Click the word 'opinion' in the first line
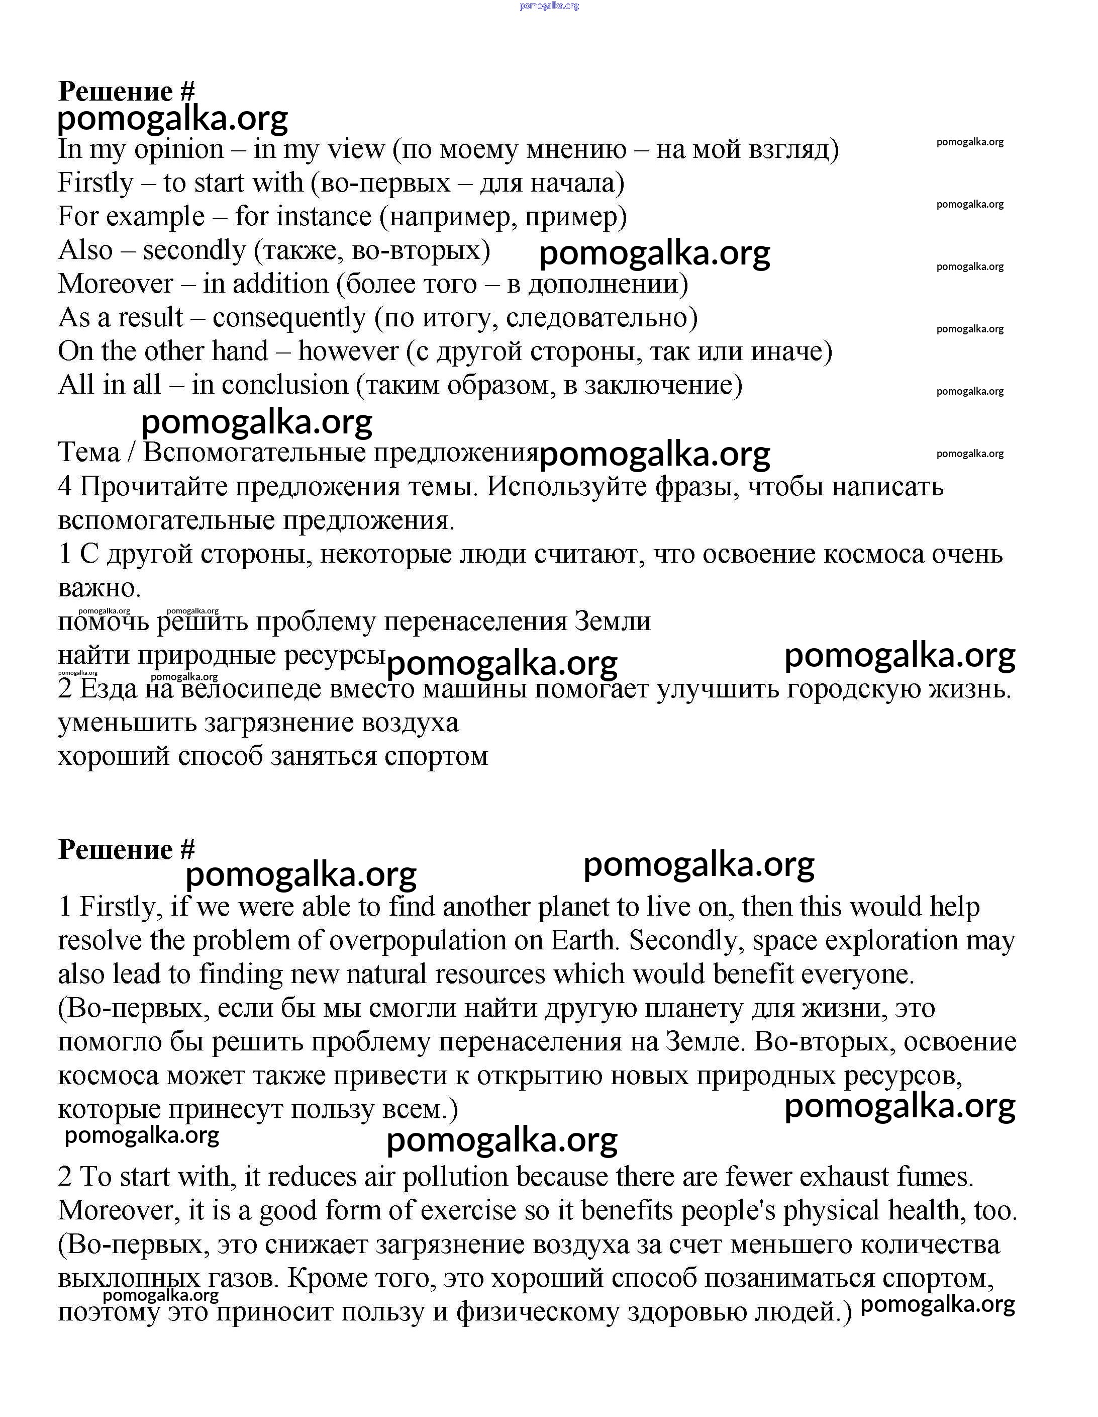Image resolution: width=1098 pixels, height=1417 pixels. (178, 150)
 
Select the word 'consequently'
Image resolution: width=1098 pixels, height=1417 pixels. (288, 318)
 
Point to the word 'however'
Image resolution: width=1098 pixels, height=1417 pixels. (348, 351)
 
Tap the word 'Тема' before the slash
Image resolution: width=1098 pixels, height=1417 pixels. (89, 453)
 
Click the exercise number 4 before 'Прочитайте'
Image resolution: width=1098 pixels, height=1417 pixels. (65, 487)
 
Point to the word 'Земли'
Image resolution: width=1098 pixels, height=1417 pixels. (612, 622)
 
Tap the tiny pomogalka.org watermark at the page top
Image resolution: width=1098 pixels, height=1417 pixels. (549, 6)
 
